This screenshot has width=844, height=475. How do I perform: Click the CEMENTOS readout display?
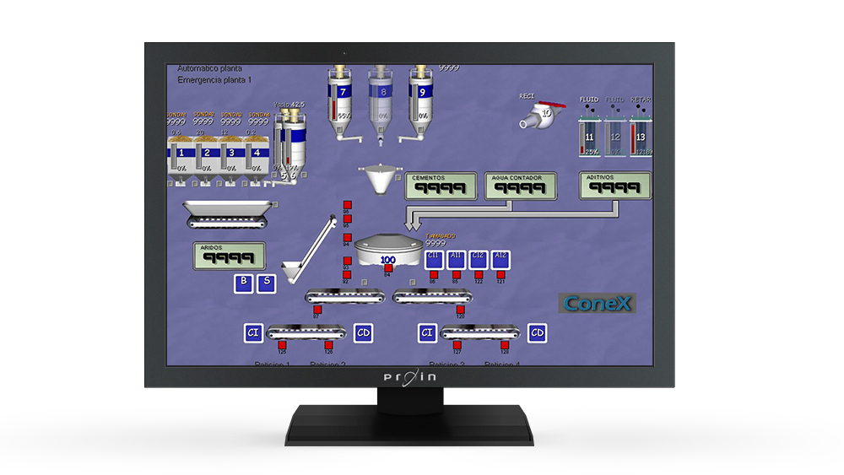(440, 186)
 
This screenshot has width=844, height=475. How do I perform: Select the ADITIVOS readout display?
(615, 185)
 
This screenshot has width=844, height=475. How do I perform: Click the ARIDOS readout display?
(229, 256)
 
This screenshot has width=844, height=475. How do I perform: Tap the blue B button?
(244, 283)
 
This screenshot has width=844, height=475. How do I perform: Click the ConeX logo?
(597, 303)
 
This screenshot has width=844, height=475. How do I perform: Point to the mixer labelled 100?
(388, 251)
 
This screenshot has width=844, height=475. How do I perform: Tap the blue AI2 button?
(500, 259)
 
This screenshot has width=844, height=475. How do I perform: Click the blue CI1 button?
(434, 259)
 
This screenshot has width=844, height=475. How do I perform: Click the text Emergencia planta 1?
(214, 80)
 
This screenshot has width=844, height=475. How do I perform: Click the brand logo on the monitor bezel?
(407, 376)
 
